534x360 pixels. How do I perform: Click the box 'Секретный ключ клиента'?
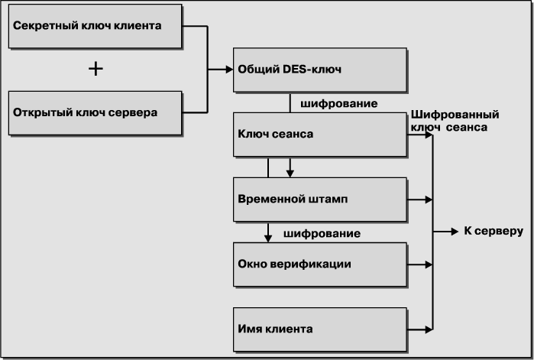pyautogui.click(x=95, y=26)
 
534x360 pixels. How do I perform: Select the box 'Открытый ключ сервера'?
pyautogui.click(x=95, y=113)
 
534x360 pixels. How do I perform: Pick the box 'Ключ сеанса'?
pyautogui.click(x=319, y=135)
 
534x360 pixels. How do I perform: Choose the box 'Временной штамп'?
pyautogui.click(x=319, y=199)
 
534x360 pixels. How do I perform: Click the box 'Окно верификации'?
pyautogui.click(x=319, y=264)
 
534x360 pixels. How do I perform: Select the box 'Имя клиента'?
pyautogui.click(x=319, y=329)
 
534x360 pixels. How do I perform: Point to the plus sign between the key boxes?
pyautogui.click(x=95, y=70)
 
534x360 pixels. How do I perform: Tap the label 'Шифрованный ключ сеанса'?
pyautogui.click(x=455, y=121)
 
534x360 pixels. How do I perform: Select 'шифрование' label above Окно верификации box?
pyautogui.click(x=322, y=232)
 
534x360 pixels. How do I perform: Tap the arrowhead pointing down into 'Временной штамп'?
pyautogui.click(x=290, y=173)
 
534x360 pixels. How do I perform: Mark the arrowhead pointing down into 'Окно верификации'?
pyautogui.click(x=268, y=238)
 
